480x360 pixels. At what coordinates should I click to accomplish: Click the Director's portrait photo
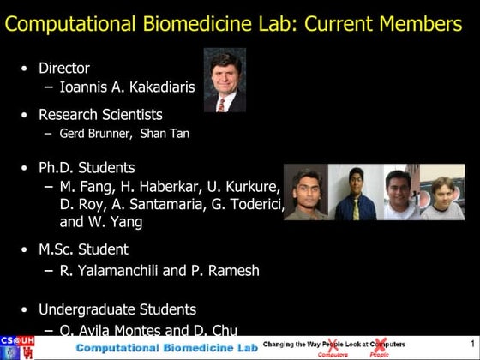[x=225, y=80]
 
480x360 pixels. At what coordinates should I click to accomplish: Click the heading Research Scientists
[x=100, y=114]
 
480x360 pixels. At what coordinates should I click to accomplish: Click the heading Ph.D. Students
[x=87, y=167]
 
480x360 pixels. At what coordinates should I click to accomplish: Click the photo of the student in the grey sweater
[x=442, y=193]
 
